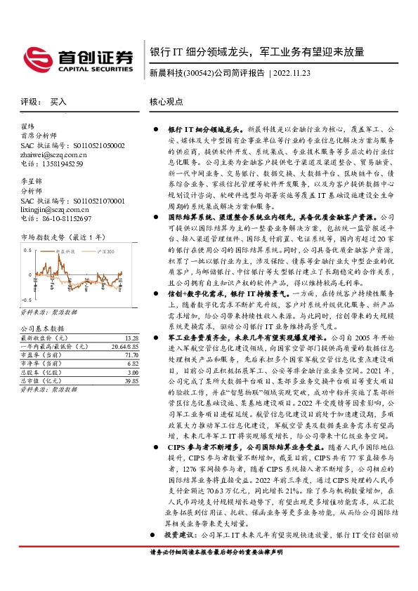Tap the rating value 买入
pyautogui.click(x=58, y=102)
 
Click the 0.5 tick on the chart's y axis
pyautogui.click(x=27, y=249)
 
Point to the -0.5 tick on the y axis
pyautogui.click(x=26, y=294)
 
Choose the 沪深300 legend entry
pyautogui.click(x=105, y=251)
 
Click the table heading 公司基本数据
pyautogui.click(x=42, y=328)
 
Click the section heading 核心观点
pyautogui.click(x=165, y=102)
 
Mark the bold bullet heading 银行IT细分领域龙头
pyautogui.click(x=207, y=131)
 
